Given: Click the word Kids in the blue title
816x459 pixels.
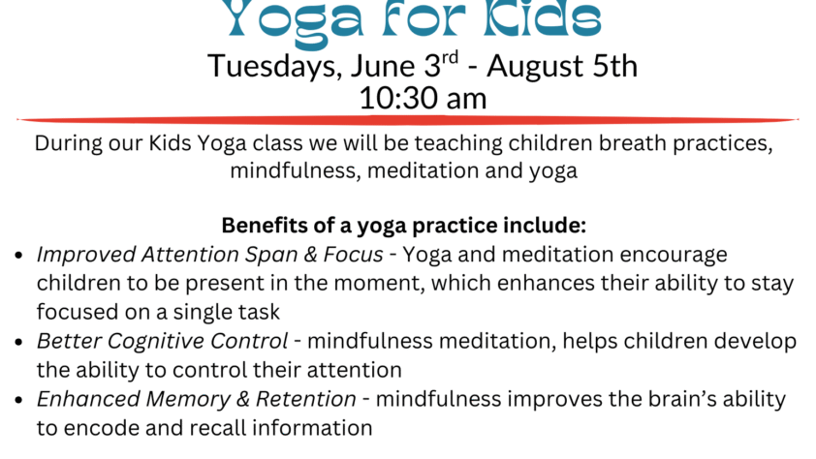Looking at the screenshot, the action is tap(542, 18).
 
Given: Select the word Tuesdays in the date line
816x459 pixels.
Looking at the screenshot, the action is tap(275, 67).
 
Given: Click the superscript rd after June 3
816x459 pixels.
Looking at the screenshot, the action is tap(450, 57).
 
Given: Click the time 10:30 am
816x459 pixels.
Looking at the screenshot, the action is tap(424, 98).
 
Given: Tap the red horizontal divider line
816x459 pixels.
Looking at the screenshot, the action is tap(407, 120).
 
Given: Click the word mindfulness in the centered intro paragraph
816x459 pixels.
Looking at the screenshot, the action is tap(295, 170).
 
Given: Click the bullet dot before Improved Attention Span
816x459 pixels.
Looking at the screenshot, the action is tap(19, 256).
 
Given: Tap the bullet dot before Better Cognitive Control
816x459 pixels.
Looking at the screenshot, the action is tap(19, 342).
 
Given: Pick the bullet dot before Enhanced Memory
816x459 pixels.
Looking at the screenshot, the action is tap(19, 400).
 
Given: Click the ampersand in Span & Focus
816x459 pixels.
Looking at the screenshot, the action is tap(311, 255).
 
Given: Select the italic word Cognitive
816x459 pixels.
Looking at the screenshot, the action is tap(156, 342).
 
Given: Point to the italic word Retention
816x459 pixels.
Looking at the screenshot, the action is tap(306, 399).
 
